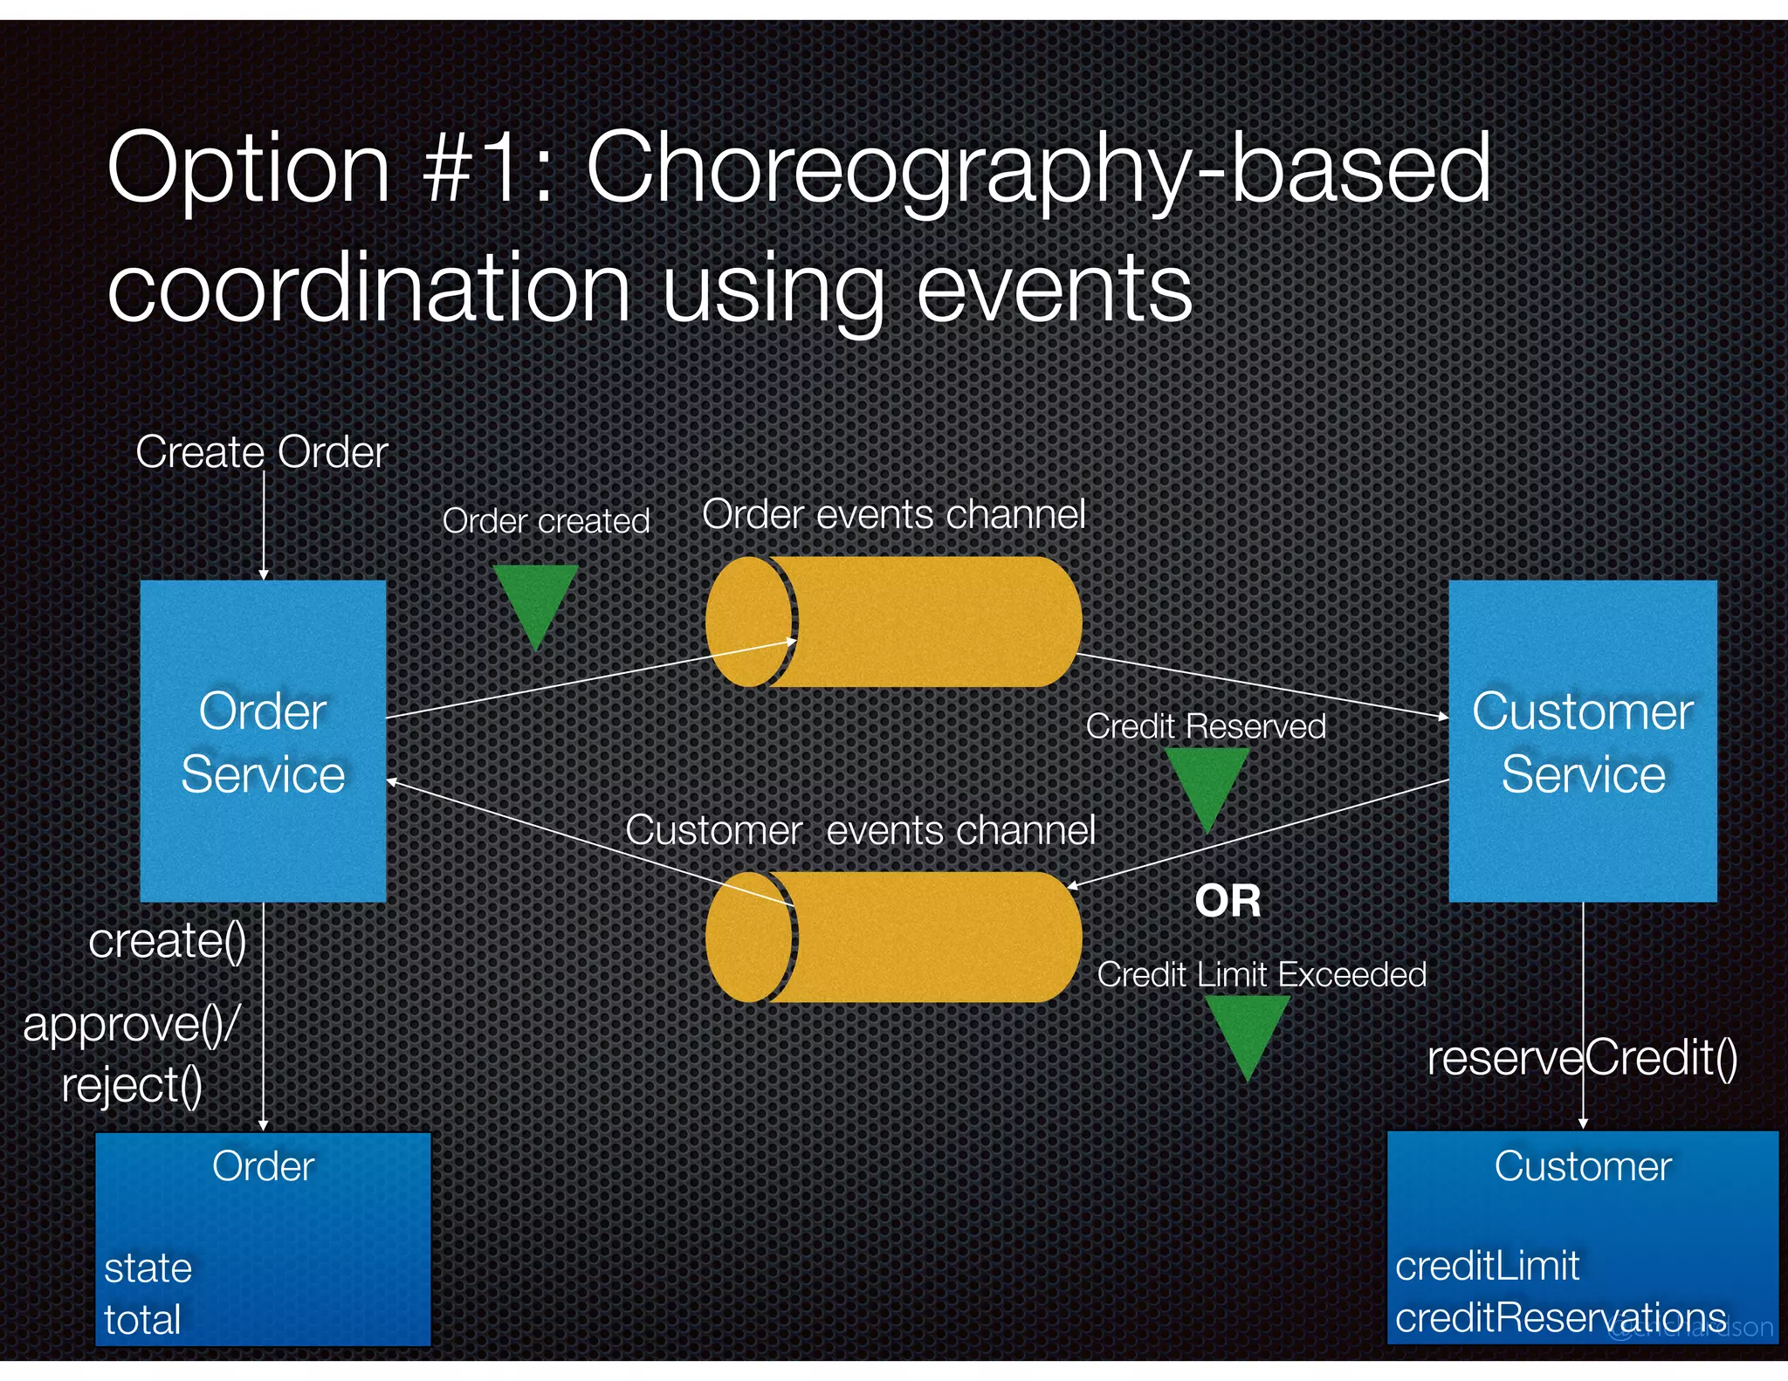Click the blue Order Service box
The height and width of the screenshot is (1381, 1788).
263,741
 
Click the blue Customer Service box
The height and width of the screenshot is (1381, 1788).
1582,741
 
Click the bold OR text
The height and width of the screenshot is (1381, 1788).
1228,901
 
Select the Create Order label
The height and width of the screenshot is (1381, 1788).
261,452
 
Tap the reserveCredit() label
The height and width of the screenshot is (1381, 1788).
1582,1058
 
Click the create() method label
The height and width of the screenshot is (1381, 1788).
168,941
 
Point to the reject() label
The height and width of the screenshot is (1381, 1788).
132,1086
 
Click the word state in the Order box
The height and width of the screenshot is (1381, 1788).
148,1268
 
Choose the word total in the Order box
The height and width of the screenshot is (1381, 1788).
142,1319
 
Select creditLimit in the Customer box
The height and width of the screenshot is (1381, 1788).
1487,1266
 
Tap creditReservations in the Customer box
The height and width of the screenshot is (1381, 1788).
1560,1317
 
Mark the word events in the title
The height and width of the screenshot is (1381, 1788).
1053,288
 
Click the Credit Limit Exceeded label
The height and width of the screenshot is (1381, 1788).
1261,974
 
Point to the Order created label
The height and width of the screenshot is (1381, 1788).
546,521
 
